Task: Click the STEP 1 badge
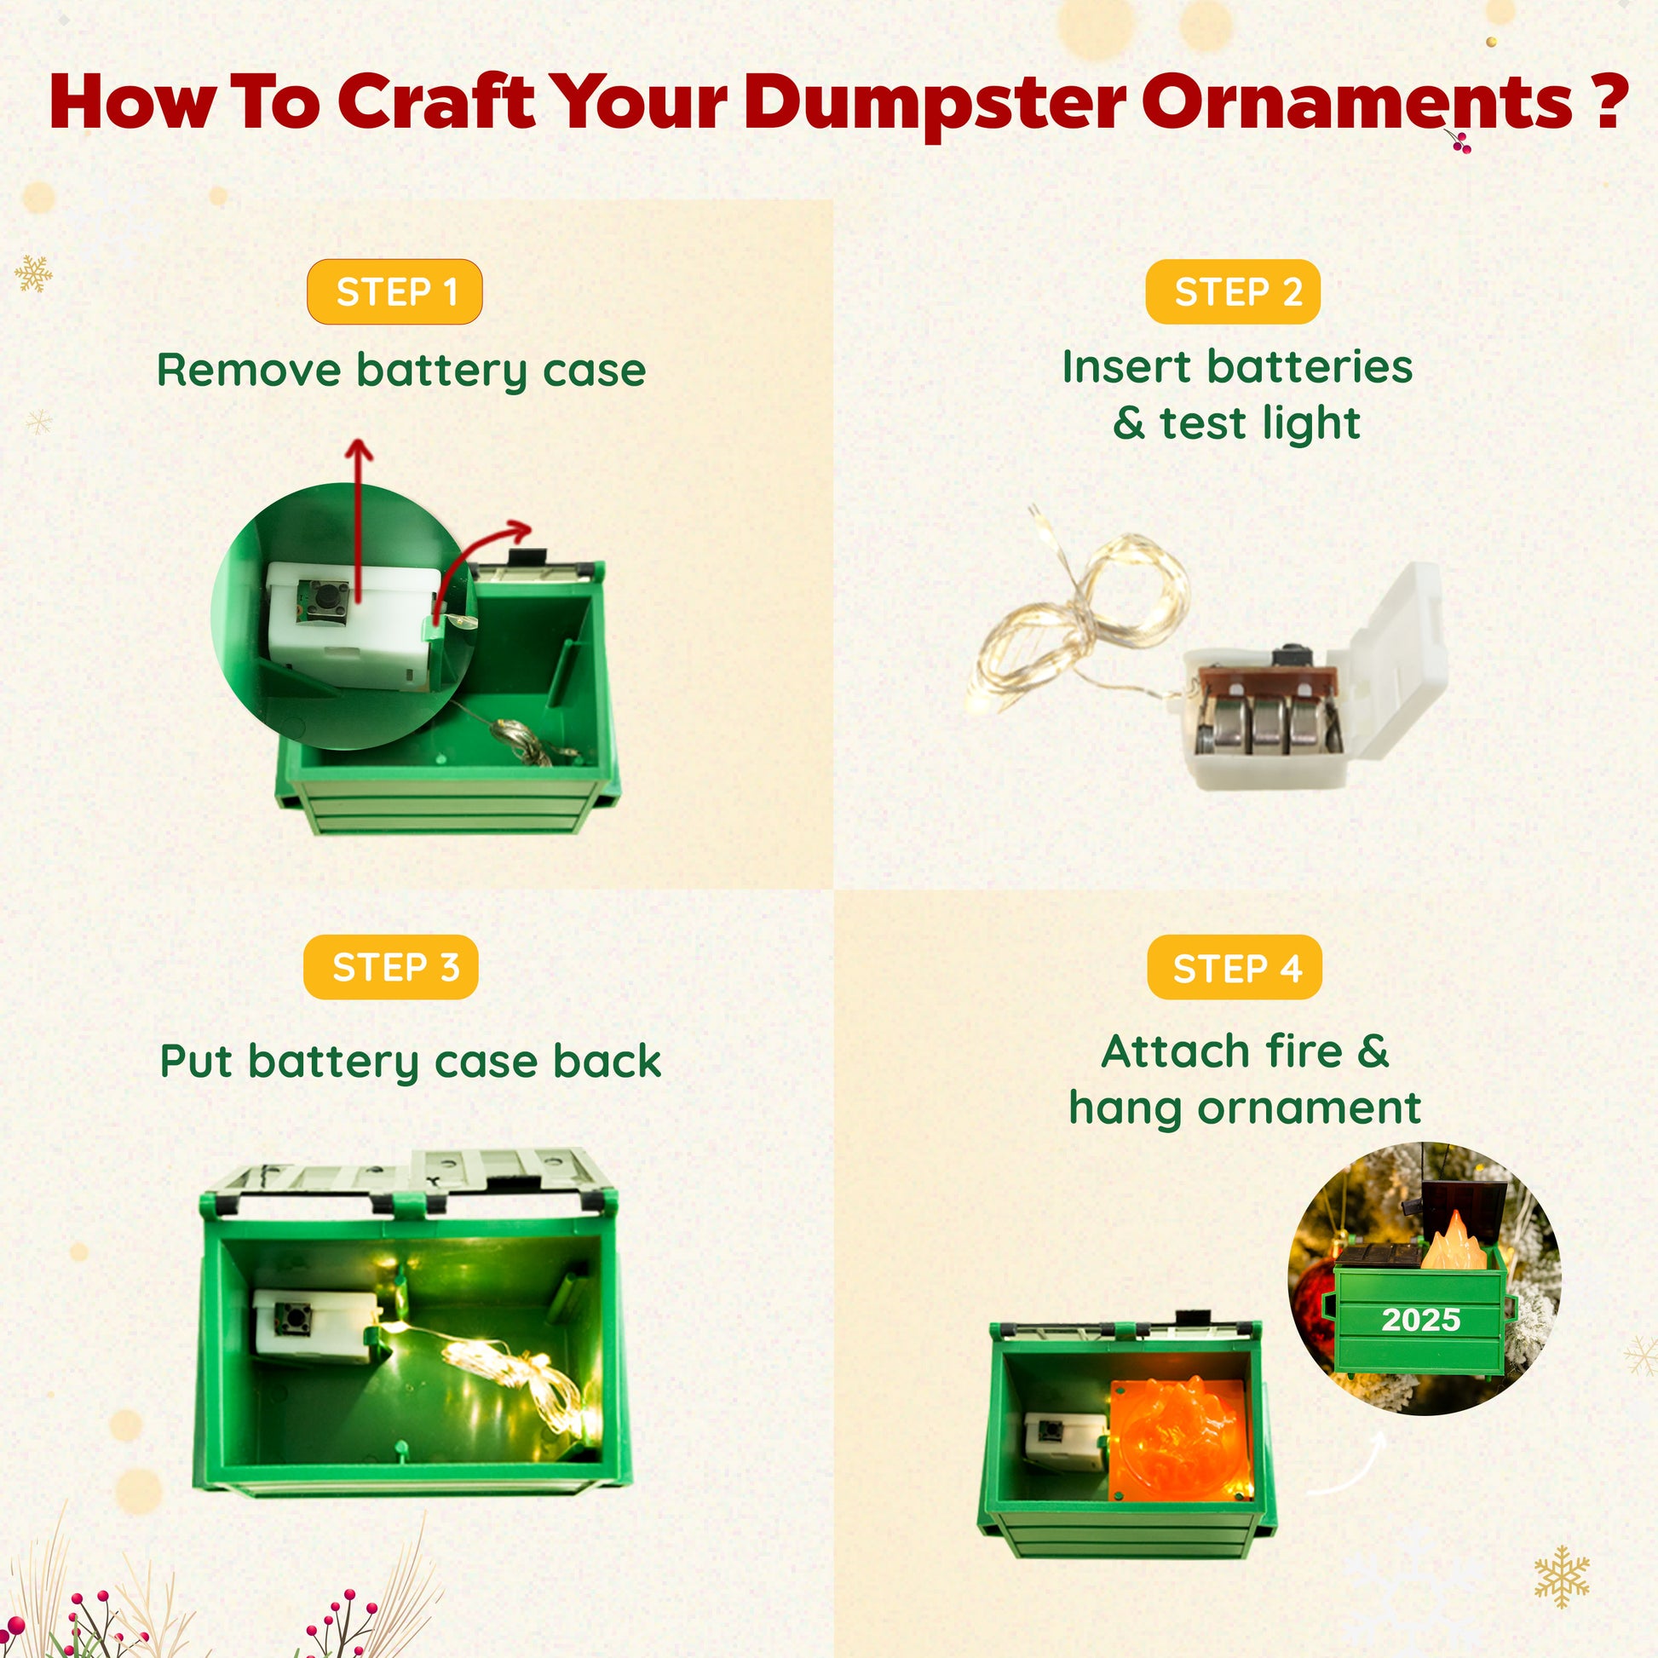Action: [394, 291]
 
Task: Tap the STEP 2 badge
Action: [1233, 291]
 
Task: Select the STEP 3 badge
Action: [390, 967]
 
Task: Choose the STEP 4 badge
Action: [1235, 967]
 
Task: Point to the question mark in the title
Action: [1603, 101]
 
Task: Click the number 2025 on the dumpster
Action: [1420, 1319]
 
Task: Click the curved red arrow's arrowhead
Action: [519, 530]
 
